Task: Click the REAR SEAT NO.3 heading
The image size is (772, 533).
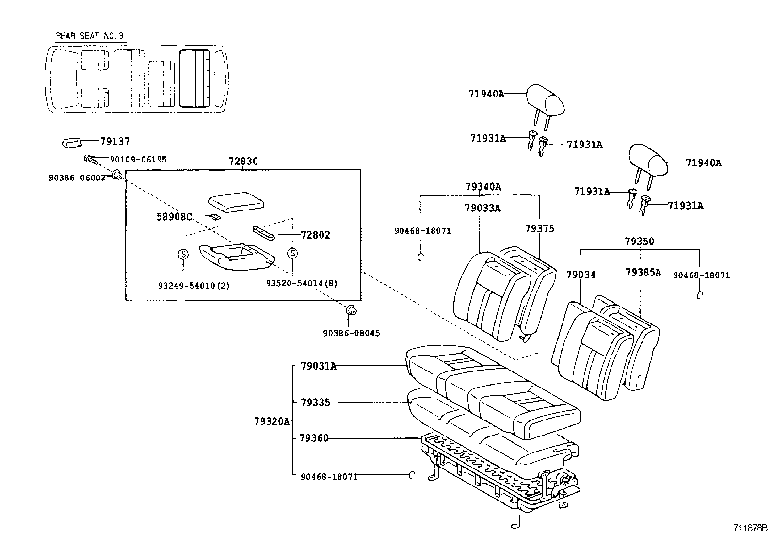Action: pos(90,36)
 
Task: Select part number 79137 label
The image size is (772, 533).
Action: pos(115,142)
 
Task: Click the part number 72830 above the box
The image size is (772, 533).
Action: pos(243,162)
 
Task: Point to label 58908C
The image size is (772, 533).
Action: pos(174,217)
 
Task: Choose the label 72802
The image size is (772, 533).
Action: pos(315,235)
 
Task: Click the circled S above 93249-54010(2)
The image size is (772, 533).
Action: pos(183,254)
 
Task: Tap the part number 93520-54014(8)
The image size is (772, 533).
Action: pos(301,283)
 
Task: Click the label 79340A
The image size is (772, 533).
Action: pos(483,187)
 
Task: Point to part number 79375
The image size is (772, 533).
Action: pos(539,228)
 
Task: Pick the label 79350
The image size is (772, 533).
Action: pos(639,242)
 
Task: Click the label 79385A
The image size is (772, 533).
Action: pos(643,273)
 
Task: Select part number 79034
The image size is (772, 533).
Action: pos(580,275)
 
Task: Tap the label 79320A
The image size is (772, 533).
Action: pos(272,421)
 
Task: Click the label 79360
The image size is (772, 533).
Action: pos(314,438)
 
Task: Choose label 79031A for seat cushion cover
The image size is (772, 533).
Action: pos(318,366)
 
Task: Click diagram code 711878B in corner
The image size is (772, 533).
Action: pos(750,527)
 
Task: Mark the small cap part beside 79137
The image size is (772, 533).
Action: pos(72,142)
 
